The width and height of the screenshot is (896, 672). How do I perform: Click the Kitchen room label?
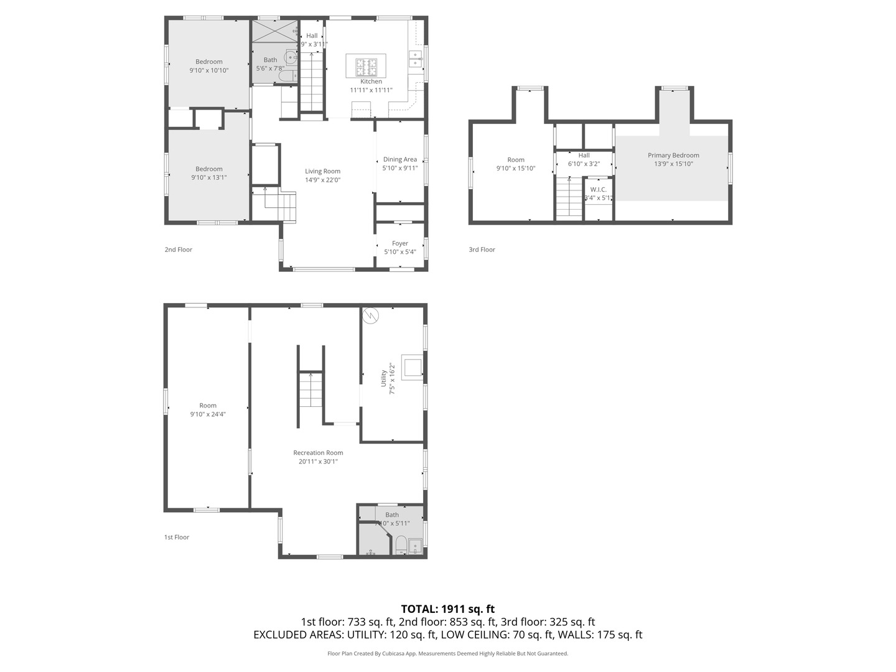tap(371, 82)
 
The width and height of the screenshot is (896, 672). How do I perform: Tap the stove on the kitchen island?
tap(366, 65)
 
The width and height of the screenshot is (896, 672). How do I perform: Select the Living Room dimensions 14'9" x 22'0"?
tap(322, 180)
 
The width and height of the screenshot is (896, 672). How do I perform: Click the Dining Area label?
tap(400, 159)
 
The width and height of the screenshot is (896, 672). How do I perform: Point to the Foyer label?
tap(400, 243)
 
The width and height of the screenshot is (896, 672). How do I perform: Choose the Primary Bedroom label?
tap(673, 156)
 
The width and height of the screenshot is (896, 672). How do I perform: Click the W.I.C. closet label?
tap(598, 189)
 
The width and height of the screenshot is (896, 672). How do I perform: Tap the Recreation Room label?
tap(318, 453)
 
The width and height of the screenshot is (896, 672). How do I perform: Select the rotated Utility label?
tap(383, 378)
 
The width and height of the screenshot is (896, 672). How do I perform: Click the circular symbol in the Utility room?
tap(371, 315)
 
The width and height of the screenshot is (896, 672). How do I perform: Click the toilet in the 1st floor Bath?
tap(401, 545)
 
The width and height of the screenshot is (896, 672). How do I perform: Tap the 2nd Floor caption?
tap(179, 250)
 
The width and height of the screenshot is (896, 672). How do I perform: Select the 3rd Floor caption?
tap(482, 250)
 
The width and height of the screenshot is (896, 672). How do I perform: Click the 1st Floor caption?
tap(177, 537)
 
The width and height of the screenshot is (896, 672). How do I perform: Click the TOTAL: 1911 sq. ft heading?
tap(447, 609)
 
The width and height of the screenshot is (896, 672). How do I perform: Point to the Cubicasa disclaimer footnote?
tap(447, 653)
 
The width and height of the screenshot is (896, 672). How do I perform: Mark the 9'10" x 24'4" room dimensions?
tap(208, 414)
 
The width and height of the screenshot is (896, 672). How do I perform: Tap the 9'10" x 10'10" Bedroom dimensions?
tap(209, 70)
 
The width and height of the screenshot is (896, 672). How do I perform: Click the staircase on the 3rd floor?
tap(569, 197)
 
